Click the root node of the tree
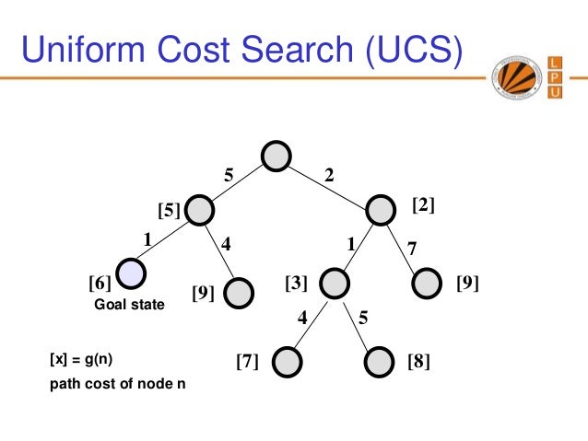(x=276, y=157)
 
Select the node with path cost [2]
(x=382, y=210)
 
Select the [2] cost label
(x=423, y=205)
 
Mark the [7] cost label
(x=246, y=362)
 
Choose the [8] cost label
(x=418, y=362)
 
